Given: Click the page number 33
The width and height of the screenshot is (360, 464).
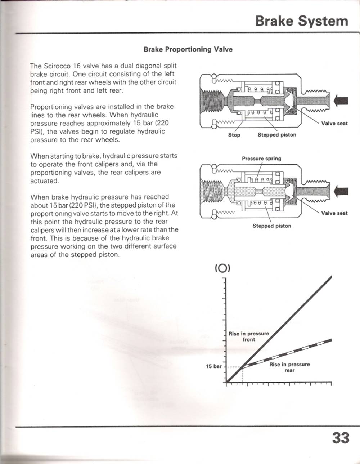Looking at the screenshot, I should click(341, 438).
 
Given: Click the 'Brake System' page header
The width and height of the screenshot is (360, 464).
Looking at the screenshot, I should click(302, 21).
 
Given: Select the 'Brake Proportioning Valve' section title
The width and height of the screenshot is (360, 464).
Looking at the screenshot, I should click(188, 49).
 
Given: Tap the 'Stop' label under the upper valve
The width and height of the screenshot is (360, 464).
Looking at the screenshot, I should click(234, 135).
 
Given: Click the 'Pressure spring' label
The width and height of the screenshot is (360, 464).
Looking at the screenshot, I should click(262, 159).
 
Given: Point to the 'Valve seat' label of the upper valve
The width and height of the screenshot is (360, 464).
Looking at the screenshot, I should click(334, 124).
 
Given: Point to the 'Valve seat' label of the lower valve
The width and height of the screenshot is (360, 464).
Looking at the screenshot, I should click(334, 213).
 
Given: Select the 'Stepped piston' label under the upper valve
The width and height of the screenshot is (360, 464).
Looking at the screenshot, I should click(277, 135).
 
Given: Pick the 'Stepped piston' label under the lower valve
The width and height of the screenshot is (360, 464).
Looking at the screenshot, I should click(272, 226).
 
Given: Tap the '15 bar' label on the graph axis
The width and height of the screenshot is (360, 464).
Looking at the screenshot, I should click(213, 366).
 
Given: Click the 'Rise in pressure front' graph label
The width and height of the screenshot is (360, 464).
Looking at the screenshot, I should click(249, 336).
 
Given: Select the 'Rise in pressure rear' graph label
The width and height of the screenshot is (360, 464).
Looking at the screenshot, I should click(289, 367).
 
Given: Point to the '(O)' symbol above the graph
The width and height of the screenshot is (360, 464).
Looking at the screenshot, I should click(222, 268).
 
